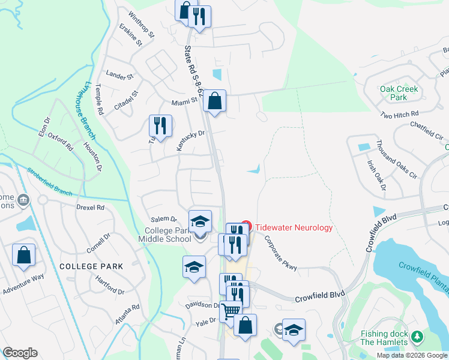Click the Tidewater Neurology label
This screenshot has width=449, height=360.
[294, 228]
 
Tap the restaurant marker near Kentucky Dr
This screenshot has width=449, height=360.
[160, 125]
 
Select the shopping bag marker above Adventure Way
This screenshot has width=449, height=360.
[23, 255]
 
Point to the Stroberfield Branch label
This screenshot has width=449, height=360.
[49, 182]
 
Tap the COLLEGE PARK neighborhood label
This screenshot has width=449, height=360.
[91, 266]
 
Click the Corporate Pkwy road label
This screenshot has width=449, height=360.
[280, 254]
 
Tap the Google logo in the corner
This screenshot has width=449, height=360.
[20, 353]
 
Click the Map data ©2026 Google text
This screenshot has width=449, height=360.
[412, 355]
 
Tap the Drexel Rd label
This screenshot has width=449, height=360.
[90, 208]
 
